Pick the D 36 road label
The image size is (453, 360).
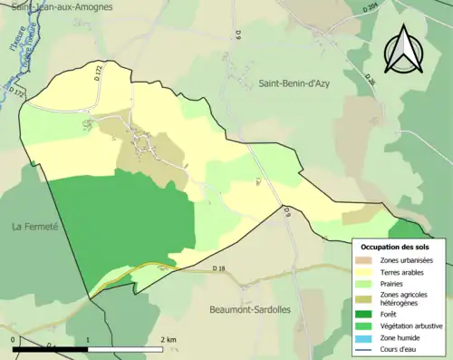(x=370, y=79)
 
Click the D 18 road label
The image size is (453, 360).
(x=218, y=268)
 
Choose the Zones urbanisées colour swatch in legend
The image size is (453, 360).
(x=367, y=260)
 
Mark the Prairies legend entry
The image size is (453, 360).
(x=394, y=283)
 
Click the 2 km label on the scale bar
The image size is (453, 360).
(x=168, y=338)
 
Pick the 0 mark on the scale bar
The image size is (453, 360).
(x=13, y=338)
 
